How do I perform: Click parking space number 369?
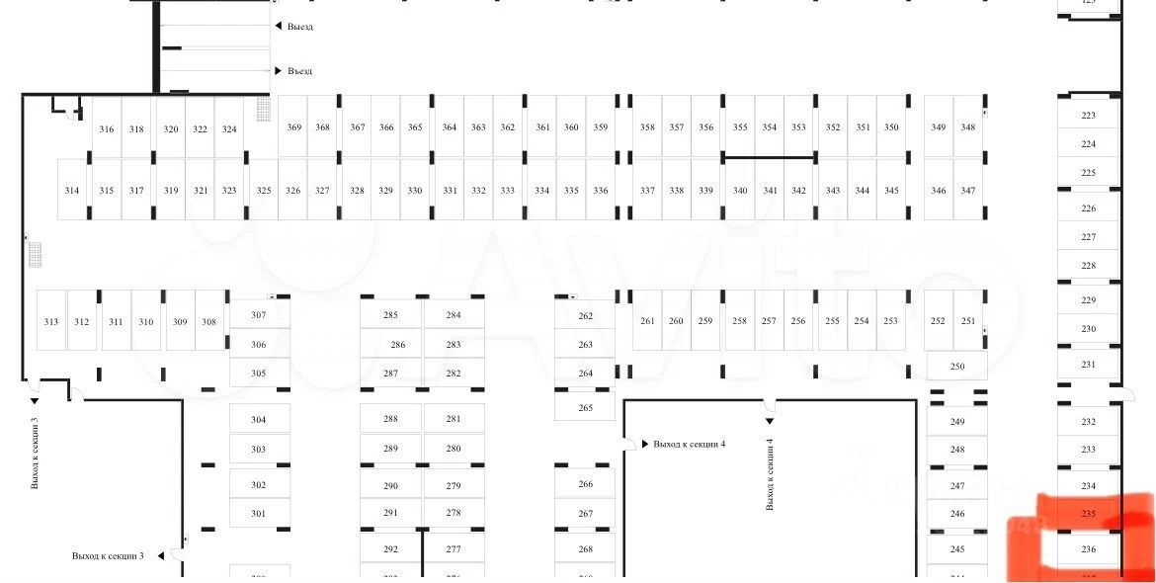pyautogui.click(x=294, y=127)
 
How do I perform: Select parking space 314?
pyautogui.click(x=72, y=191)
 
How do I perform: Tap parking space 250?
pyautogui.click(x=957, y=367)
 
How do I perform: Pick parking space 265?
pyautogui.click(x=586, y=408)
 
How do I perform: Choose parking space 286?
pyautogui.click(x=398, y=345)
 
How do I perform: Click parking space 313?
pyautogui.click(x=51, y=322)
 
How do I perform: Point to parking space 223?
pyautogui.click(x=1089, y=116)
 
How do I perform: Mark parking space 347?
pyautogui.click(x=968, y=191)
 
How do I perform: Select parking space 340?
pyautogui.click(x=740, y=191)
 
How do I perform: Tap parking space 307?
pyautogui.click(x=259, y=315)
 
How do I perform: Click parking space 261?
pyautogui.click(x=648, y=321)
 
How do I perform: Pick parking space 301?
pyautogui.click(x=259, y=514)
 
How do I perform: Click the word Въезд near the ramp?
pyautogui.click(x=300, y=71)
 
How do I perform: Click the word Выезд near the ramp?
pyautogui.click(x=300, y=27)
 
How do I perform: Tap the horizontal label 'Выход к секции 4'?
pyautogui.click(x=690, y=445)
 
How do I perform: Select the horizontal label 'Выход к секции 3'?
pyautogui.click(x=108, y=556)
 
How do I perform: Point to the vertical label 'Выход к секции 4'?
pyautogui.click(x=770, y=474)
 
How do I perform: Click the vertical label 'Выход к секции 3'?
pyautogui.click(x=36, y=454)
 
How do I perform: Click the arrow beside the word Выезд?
pyautogui.click(x=279, y=27)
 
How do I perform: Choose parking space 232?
pyautogui.click(x=1089, y=422)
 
